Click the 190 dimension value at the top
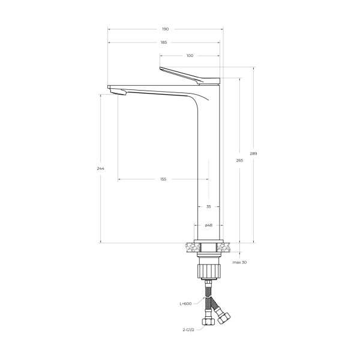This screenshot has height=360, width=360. (165, 29)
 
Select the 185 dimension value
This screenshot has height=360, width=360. (164, 43)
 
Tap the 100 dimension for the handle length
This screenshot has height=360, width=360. (190, 56)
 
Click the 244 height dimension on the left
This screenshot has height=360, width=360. (100, 169)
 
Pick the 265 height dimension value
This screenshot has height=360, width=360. (240, 161)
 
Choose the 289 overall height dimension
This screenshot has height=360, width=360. (253, 154)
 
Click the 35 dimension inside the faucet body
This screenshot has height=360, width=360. (208, 206)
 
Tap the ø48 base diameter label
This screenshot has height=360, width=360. (208, 226)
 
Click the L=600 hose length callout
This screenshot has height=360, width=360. (185, 304)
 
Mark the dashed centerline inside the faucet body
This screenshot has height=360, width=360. (208, 180)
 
